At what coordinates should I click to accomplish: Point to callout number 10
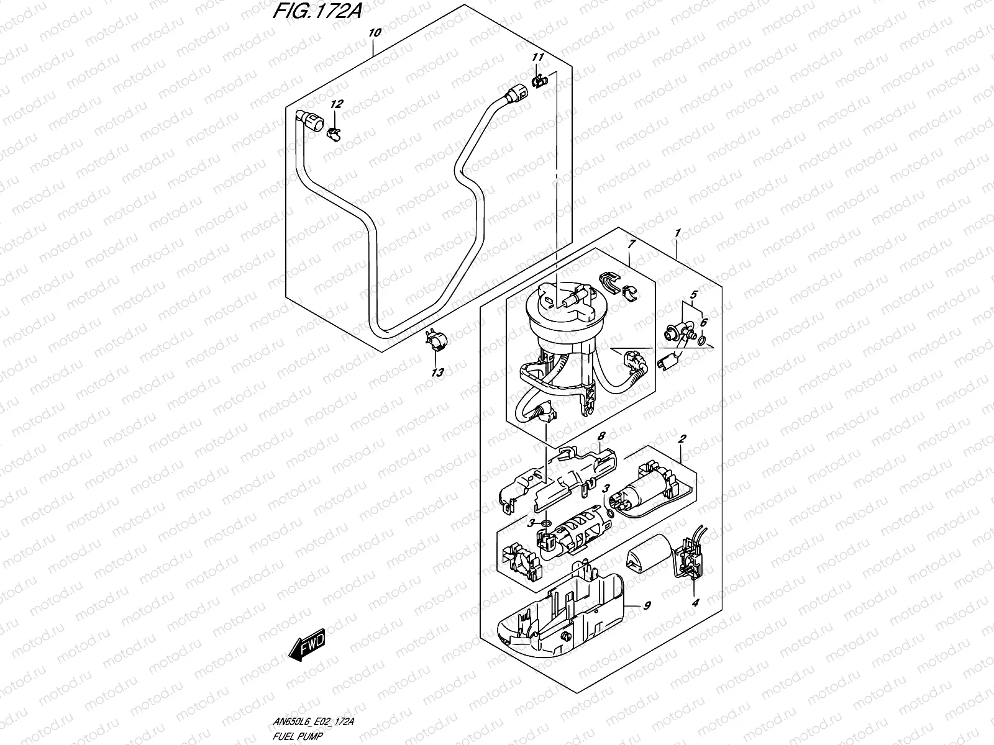[x=373, y=33]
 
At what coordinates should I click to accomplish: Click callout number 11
[x=537, y=58]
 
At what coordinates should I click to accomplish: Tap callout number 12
[x=336, y=104]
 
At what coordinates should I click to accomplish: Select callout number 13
[x=438, y=372]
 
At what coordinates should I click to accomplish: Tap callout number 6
[x=703, y=323]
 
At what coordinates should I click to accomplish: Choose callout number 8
[x=601, y=437]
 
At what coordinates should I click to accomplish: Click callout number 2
[x=682, y=439]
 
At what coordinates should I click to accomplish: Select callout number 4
[x=696, y=602]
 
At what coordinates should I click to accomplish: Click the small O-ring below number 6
[x=701, y=340]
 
